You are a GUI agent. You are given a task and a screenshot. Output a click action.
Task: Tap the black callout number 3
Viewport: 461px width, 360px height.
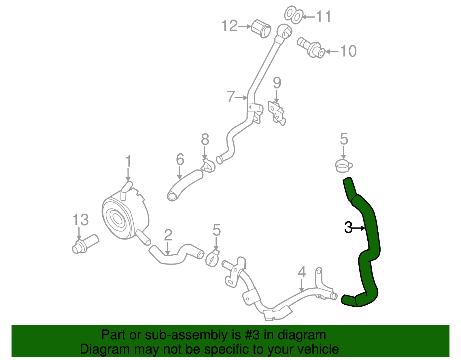pos(348,228)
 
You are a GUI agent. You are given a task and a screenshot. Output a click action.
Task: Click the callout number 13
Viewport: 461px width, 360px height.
pos(80,220)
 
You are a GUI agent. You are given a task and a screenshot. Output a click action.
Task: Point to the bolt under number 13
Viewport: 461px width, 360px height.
pos(85,244)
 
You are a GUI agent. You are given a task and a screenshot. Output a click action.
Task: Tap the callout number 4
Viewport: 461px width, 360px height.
pos(302,272)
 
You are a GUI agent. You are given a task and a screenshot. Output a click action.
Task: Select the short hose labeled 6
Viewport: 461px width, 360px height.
pos(184,184)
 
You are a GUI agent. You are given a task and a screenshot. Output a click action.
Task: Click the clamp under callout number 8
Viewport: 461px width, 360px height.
pos(208,166)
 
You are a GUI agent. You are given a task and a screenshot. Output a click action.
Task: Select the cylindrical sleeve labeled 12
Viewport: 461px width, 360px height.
pos(261,29)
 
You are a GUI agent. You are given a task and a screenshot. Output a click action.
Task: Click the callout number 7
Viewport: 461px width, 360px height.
pos(231,97)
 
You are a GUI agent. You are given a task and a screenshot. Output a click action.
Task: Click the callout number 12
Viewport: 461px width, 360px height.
pos(229,26)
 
